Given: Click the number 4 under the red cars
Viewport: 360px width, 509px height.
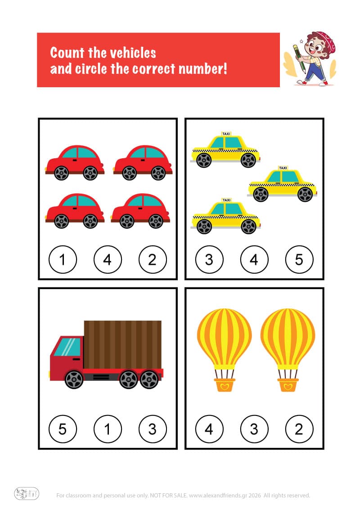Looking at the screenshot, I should (x=108, y=259).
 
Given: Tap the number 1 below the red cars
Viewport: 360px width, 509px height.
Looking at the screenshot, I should (x=63, y=259).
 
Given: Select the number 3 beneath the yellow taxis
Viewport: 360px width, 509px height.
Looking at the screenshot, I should (x=209, y=259).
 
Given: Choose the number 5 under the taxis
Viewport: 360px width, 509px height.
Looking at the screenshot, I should (x=299, y=259).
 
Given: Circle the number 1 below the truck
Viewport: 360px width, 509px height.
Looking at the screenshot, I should (x=108, y=429).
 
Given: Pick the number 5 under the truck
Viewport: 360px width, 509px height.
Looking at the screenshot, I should (x=63, y=429).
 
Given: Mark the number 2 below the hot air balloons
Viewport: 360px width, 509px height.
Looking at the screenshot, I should (x=299, y=429).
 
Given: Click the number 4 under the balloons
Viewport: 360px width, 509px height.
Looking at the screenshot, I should (x=209, y=429).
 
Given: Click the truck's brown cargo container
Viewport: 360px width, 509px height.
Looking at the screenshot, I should (x=122, y=344).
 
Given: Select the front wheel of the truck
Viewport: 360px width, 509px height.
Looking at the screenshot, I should (x=74, y=380).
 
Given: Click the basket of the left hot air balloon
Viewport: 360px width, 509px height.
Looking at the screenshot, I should (x=224, y=385).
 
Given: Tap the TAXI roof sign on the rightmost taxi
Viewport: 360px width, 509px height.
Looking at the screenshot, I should (x=283, y=168).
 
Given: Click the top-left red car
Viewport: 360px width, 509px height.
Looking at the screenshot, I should (x=75, y=162).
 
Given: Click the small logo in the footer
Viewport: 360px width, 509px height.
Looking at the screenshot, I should (x=27, y=494).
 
